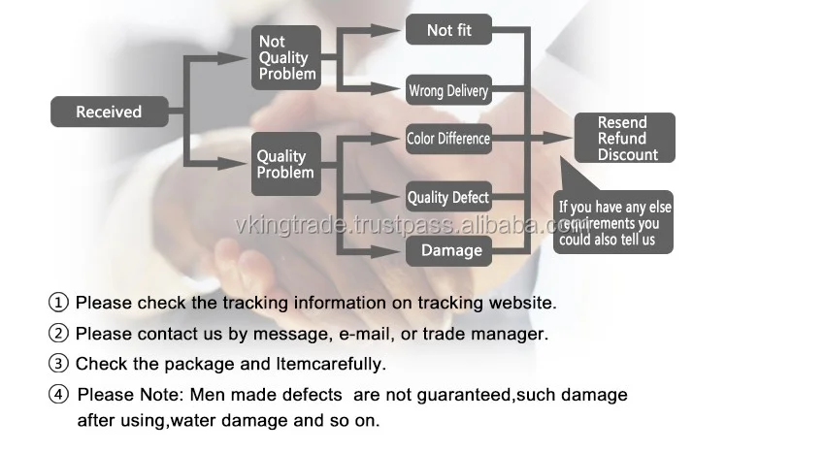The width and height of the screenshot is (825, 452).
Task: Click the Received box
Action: point(109,112)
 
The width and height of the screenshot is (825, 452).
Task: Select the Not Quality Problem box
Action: point(285,57)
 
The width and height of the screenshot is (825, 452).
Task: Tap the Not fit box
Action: point(448,30)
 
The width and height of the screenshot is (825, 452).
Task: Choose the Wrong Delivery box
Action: point(448,91)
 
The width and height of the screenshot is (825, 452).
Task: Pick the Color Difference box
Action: point(448,139)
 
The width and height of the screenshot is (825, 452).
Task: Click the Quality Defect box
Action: point(448,198)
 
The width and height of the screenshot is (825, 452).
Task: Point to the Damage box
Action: point(451,250)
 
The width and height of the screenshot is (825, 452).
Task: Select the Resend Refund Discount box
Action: point(623,138)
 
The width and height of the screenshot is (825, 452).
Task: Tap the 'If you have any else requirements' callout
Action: point(613,224)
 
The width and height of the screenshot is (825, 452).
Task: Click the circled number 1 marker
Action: point(59,303)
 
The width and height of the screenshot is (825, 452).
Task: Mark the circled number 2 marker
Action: point(59,334)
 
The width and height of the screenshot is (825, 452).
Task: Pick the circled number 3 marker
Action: point(59,365)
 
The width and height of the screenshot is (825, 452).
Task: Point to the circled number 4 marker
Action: point(60,395)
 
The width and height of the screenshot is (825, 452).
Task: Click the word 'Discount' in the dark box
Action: point(627,154)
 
